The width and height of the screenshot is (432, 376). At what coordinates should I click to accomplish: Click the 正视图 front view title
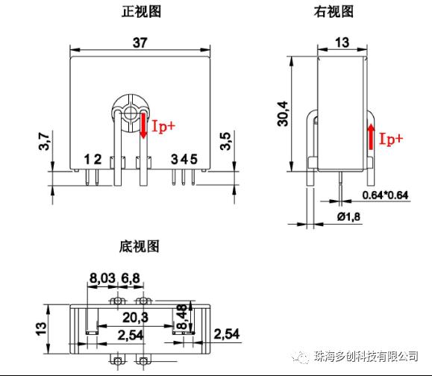[141, 12]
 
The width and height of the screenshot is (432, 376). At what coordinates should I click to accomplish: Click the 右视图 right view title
[334, 12]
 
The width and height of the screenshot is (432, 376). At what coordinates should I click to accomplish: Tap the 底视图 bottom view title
[139, 246]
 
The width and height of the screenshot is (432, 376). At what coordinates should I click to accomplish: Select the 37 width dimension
[140, 43]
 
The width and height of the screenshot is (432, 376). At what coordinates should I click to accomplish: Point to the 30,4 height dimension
[283, 113]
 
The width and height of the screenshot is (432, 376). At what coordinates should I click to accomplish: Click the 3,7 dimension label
[44, 141]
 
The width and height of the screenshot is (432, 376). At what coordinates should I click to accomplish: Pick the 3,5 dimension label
[225, 141]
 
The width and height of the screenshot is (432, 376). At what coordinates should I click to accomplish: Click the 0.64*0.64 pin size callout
[385, 195]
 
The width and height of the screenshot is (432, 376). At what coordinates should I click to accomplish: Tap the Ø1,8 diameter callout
[348, 216]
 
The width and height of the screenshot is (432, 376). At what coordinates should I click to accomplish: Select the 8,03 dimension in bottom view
[102, 278]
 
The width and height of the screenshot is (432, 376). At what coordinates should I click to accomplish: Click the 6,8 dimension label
[131, 278]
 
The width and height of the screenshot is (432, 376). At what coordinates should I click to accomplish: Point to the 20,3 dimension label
[135, 317]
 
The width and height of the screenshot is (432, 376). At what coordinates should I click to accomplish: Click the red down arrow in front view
[143, 126]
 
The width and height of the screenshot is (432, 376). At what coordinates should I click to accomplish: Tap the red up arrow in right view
[372, 137]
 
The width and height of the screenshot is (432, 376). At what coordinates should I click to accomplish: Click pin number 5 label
[194, 159]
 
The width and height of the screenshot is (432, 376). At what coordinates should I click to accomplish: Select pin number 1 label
[87, 159]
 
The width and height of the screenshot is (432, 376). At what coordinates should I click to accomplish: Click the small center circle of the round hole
[130, 113]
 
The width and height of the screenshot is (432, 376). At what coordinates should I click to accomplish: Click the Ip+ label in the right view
[391, 139]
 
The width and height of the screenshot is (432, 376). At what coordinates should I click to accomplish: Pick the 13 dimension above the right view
[342, 43]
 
